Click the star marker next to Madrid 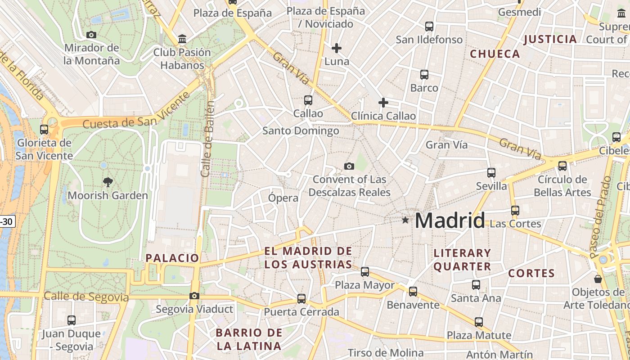click(x=405, y=220)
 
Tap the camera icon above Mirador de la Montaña click(x=91, y=35)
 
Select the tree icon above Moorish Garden click(x=108, y=182)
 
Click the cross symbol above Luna click(x=337, y=48)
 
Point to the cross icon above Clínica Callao click(x=383, y=103)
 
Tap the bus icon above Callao click(x=308, y=100)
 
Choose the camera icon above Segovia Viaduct click(x=194, y=296)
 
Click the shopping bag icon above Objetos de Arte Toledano click(x=598, y=279)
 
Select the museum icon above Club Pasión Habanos click(x=182, y=39)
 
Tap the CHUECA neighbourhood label click(x=495, y=54)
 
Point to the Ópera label click(x=283, y=198)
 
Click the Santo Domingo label click(x=301, y=131)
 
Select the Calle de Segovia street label click(x=86, y=297)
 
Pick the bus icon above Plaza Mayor click(x=365, y=272)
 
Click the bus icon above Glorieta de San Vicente click(x=44, y=130)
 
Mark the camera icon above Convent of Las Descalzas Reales click(x=349, y=166)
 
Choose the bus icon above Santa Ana click(x=476, y=284)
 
